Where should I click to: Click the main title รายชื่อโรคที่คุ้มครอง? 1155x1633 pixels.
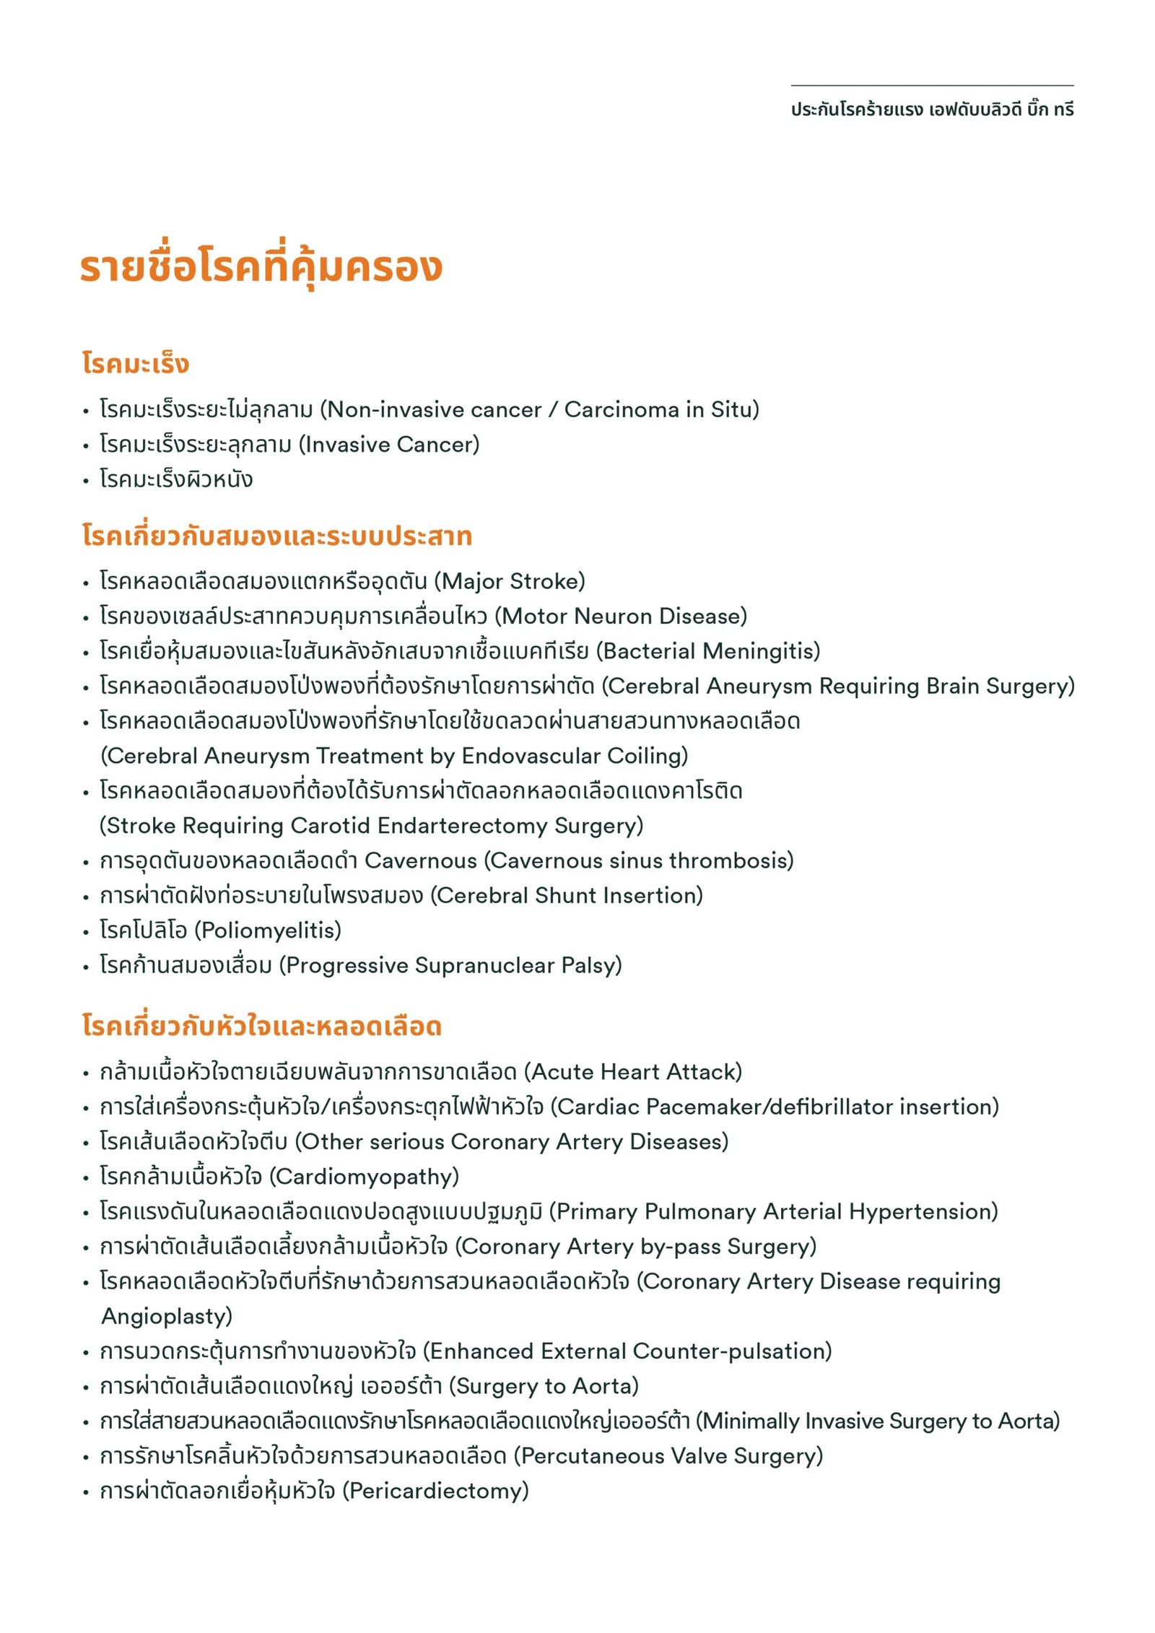261,267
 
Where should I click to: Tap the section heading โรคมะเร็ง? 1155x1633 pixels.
135,363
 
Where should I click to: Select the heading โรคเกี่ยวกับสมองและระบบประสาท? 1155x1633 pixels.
276,536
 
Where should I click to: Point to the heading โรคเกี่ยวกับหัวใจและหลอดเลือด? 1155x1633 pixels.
261,1026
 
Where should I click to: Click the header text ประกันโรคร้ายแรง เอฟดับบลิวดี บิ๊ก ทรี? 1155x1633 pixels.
932,110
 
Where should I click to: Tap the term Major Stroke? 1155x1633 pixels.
510,581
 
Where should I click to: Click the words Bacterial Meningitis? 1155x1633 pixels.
708,651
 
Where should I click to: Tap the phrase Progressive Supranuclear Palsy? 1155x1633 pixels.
450,966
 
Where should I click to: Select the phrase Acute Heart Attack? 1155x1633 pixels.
632,1072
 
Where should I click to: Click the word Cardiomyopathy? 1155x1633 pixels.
365,1177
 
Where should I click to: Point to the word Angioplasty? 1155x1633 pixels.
166,1317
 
